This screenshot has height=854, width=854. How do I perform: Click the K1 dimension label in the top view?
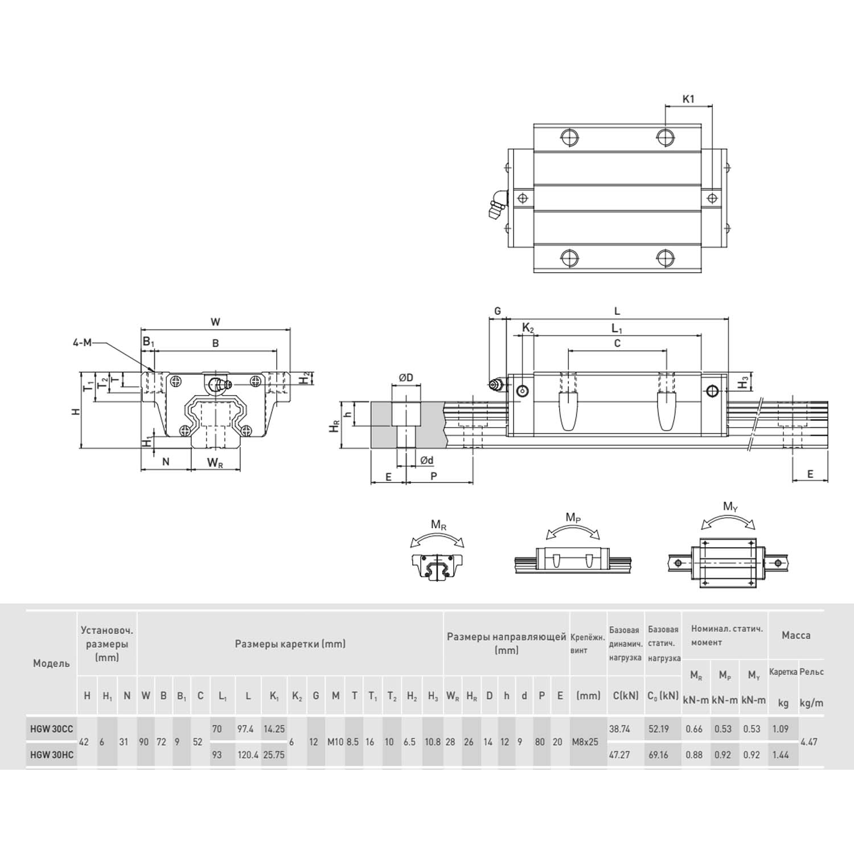point(688,99)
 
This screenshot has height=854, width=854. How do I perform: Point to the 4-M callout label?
point(82,343)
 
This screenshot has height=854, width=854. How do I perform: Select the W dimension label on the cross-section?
point(215,322)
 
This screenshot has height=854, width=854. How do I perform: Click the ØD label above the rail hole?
point(405,377)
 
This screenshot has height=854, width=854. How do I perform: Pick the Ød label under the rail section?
point(426,460)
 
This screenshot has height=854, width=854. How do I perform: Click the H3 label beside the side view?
point(743,383)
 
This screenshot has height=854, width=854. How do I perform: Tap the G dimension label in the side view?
point(498,311)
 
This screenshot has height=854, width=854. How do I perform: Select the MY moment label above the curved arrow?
point(730,506)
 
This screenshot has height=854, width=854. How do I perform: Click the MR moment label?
point(438,525)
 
